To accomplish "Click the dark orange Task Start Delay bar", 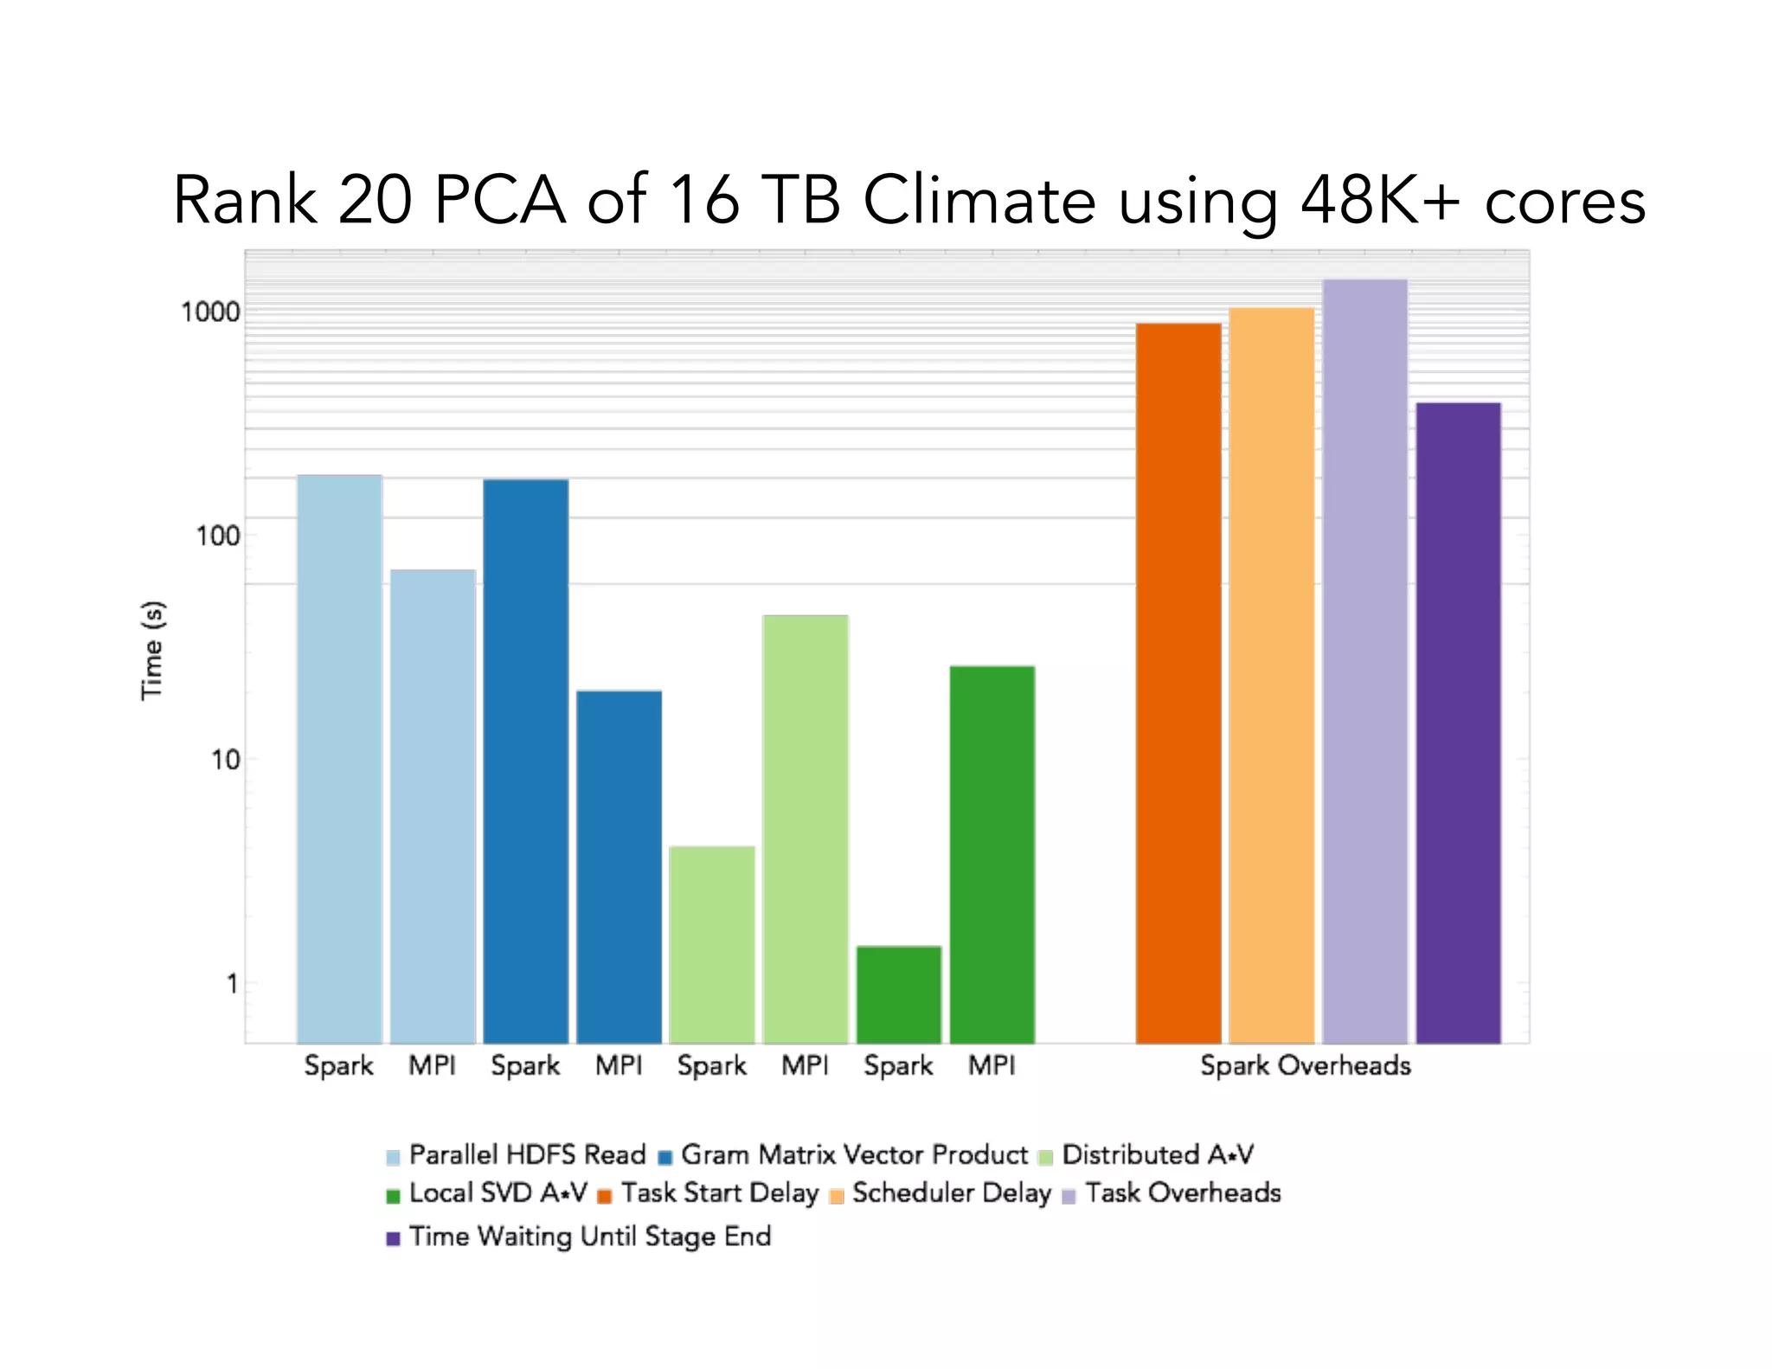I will coord(1178,683).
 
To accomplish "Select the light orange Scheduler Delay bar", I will coord(1271,675).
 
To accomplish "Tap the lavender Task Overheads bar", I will coord(1364,661).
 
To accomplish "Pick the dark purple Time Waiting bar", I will coord(1458,723).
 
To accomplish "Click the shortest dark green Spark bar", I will coord(898,994).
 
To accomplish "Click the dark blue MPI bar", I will coord(619,866).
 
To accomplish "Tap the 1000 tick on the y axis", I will coord(209,312).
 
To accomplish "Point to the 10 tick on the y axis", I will coord(224,760).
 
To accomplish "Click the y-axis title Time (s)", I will coord(152,650).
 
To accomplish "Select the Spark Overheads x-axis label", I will coord(1305,1065).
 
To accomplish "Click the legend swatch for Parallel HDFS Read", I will coord(393,1157).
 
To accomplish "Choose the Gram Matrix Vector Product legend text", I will coord(854,1154).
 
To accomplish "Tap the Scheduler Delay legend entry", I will coord(951,1192).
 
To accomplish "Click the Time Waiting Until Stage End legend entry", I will coord(589,1236).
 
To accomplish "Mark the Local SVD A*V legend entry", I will coord(498,1192).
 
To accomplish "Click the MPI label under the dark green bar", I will coord(991,1065).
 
